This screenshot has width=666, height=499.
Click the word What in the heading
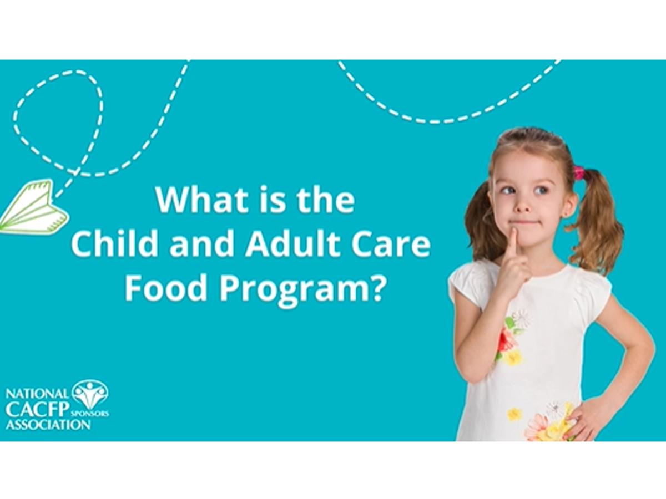(x=200, y=200)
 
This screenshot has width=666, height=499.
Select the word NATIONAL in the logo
(x=38, y=394)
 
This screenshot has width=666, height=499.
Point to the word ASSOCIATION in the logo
(x=48, y=424)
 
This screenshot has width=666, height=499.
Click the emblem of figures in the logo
(x=90, y=393)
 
